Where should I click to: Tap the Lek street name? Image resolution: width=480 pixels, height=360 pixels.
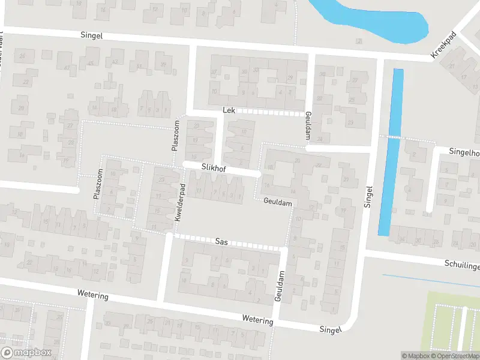(229, 110)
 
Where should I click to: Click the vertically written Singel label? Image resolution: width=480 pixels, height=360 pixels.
(368, 196)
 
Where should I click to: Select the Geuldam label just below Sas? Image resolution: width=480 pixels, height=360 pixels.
(280, 286)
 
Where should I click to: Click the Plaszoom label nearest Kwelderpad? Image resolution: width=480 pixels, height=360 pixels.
(176, 136)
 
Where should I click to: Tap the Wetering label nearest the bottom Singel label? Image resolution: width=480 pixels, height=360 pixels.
(257, 320)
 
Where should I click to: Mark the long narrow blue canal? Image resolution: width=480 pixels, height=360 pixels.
(390, 150)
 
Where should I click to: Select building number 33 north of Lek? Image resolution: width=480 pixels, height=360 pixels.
(256, 70)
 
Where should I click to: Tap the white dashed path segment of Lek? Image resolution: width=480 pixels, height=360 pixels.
(273, 112)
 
